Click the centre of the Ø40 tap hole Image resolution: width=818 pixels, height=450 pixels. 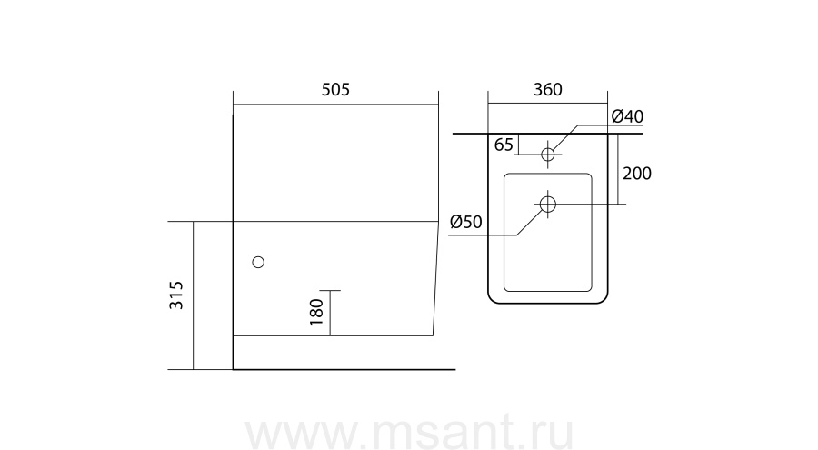[x=548, y=155]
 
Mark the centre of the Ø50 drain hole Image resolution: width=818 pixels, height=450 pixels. [x=548, y=205]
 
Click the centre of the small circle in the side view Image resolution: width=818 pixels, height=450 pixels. [x=258, y=262]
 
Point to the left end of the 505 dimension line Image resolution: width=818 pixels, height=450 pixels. [x=234, y=104]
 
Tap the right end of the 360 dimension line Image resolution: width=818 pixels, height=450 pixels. [x=608, y=104]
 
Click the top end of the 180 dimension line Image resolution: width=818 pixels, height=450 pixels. [x=330, y=290]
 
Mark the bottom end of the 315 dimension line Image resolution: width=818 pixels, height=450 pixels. [x=193, y=370]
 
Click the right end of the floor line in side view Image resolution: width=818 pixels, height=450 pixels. [x=455, y=370]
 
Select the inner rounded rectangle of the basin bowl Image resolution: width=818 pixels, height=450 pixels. [x=548, y=233]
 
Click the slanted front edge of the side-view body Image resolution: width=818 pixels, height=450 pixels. [x=435, y=278]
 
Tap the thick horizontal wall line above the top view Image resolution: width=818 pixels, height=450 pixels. [x=548, y=134]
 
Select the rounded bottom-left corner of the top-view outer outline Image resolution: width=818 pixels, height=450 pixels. [x=493, y=298]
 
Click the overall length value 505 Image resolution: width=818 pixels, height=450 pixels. [x=335, y=90]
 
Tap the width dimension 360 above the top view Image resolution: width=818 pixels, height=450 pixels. [x=548, y=90]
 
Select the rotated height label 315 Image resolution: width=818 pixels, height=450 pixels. [x=176, y=295]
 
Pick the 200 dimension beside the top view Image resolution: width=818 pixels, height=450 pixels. [x=637, y=174]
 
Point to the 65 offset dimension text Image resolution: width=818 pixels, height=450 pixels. [x=504, y=145]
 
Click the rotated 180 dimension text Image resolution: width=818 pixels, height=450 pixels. [x=316, y=312]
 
